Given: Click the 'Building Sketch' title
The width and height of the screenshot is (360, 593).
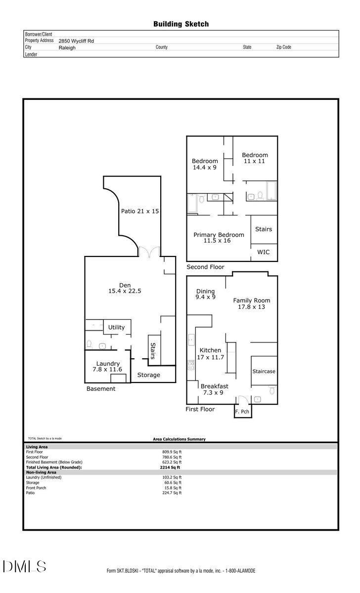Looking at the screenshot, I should [x=180, y=24].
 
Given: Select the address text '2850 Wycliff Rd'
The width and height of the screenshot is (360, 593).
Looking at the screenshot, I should [x=76, y=41].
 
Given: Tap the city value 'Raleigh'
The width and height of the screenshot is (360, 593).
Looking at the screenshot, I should [x=67, y=48].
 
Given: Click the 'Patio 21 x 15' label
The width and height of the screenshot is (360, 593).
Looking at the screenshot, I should [x=140, y=211].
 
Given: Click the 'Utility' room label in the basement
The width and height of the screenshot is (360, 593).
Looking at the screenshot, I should [x=117, y=327].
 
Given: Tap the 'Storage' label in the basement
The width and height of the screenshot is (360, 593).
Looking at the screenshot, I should [x=148, y=375].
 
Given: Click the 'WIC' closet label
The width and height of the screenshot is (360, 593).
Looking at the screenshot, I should [x=264, y=252].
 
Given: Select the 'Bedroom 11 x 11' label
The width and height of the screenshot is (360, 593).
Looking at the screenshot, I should [x=255, y=158].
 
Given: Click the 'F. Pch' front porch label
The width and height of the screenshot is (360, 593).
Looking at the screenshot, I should [x=242, y=411].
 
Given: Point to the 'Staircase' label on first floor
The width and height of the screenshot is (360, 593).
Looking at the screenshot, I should [x=264, y=371].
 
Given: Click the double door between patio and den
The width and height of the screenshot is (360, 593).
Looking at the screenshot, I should [x=149, y=252].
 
